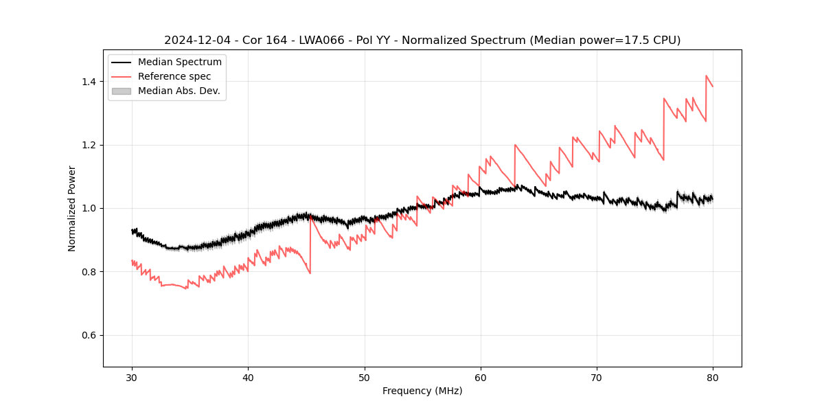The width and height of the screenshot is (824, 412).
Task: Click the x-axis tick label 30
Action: click(132, 377)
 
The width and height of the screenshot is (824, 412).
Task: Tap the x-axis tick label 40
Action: click(248, 377)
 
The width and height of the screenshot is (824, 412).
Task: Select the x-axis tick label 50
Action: click(364, 377)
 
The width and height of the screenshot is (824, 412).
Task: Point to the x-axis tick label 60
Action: click(480, 377)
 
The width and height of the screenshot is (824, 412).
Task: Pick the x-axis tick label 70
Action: click(596, 377)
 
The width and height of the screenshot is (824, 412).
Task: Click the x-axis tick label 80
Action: click(712, 377)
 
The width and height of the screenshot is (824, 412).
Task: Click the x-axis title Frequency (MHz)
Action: click(422, 391)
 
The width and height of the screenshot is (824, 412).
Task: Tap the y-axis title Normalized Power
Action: click(72, 208)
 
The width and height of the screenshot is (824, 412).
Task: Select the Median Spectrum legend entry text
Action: click(179, 62)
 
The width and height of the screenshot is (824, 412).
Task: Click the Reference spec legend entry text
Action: click(174, 76)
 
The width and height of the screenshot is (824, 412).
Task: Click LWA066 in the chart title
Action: click(321, 41)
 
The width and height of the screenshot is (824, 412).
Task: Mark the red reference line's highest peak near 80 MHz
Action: click(706, 76)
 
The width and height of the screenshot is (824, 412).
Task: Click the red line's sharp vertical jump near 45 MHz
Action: click(310, 244)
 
